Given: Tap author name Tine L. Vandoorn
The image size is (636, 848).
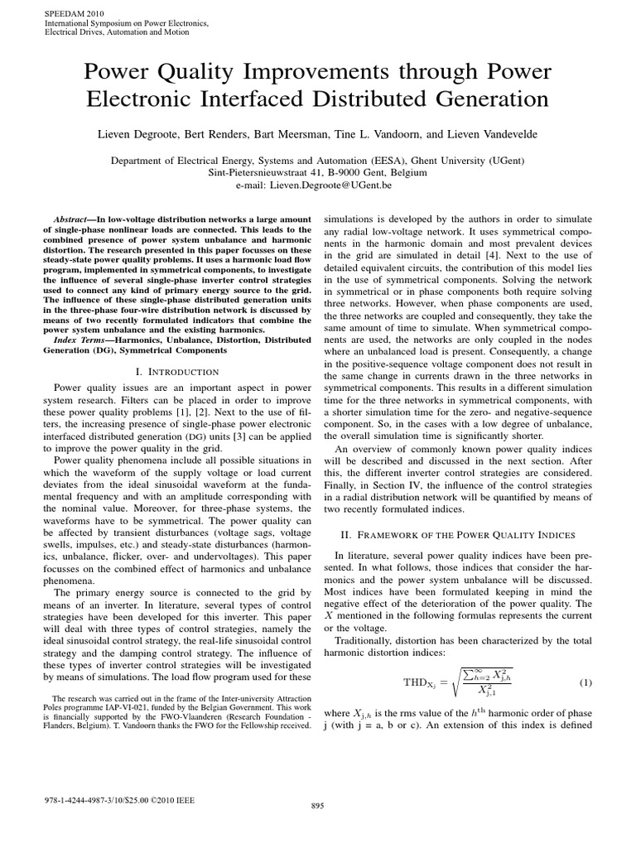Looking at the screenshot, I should [386, 132].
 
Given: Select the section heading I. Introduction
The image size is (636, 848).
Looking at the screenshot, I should [172, 372].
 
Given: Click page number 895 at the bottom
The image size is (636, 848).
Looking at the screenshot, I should [317, 805].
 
